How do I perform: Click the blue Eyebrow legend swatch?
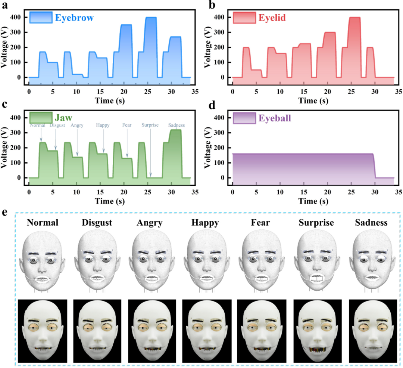click(x=40, y=18)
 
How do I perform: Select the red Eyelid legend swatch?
click(x=244, y=18)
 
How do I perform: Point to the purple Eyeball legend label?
click(x=275, y=118)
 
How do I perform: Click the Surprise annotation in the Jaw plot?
click(x=150, y=126)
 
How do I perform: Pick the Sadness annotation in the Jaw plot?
click(x=176, y=126)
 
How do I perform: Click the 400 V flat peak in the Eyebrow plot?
click(x=150, y=18)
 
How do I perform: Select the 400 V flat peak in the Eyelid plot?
click(x=354, y=18)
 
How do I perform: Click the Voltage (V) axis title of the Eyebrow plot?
click(x=5, y=46)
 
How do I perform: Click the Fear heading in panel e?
click(x=257, y=223)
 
